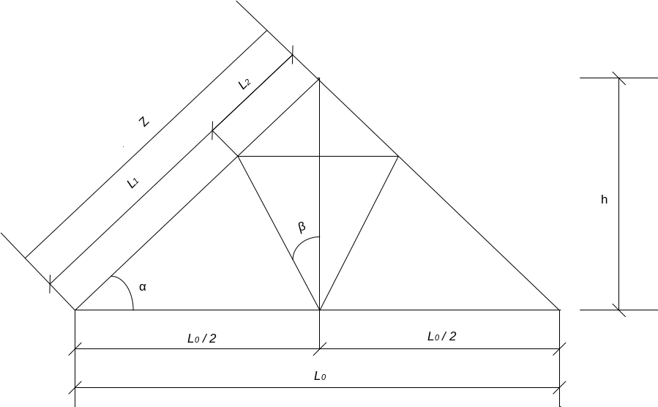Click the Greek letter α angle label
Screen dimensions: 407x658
(143, 287)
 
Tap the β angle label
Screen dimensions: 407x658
(302, 228)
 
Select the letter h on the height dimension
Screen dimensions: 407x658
(604, 199)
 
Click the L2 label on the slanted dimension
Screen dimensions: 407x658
(246, 84)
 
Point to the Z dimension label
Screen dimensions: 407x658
(145, 122)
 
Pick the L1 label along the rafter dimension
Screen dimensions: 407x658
(133, 183)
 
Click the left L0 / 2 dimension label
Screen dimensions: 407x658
(201, 338)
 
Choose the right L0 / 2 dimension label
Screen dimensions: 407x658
(441, 336)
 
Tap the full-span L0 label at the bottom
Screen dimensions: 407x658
(319, 376)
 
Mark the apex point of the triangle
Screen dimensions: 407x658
(319, 78)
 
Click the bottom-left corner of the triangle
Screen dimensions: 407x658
(75, 310)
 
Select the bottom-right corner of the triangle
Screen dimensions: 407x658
(560, 310)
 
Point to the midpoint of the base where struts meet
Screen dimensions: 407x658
(320, 310)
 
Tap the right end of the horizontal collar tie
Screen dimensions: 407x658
(398, 156)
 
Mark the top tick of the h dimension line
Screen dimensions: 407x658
(619, 78)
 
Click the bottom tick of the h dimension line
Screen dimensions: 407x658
(619, 310)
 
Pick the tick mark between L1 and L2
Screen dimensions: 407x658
(212, 131)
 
